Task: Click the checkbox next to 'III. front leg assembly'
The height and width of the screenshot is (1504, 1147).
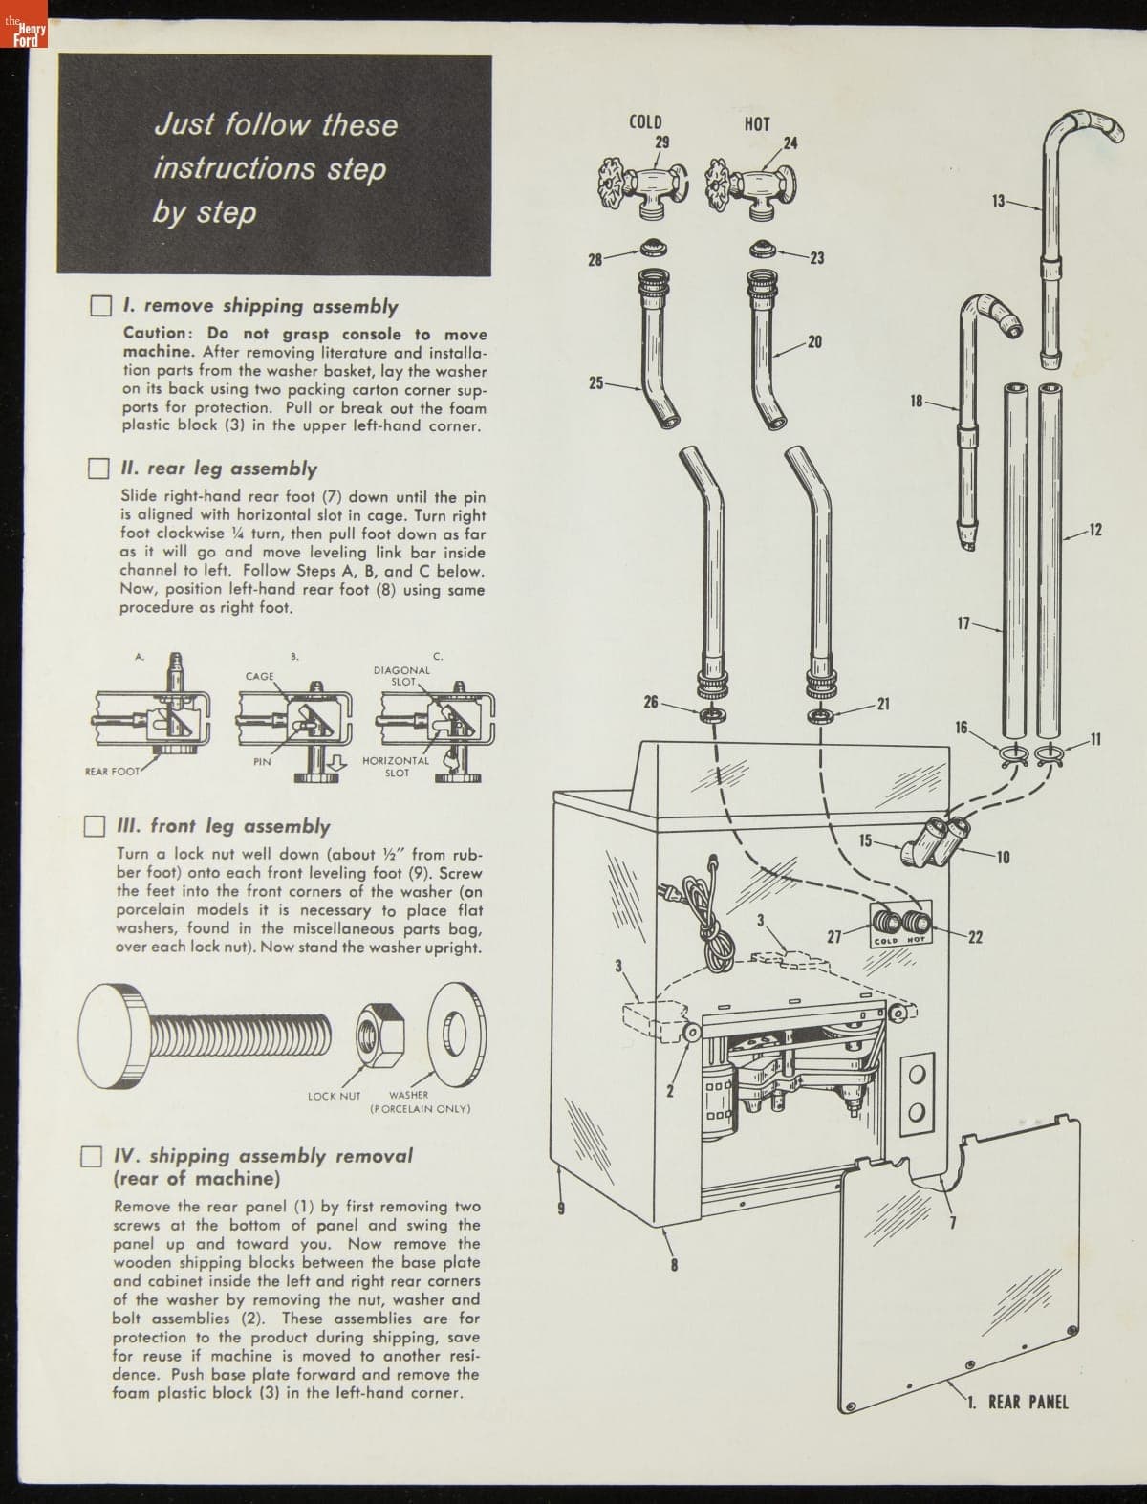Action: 94,826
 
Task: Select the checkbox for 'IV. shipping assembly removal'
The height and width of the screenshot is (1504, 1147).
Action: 91,1156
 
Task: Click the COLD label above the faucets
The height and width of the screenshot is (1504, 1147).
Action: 645,121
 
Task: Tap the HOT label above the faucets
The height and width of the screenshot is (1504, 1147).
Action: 757,123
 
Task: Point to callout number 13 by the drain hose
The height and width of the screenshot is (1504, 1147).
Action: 998,201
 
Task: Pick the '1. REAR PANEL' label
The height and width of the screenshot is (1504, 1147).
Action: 1017,1403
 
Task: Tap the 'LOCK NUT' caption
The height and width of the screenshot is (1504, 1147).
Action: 334,1096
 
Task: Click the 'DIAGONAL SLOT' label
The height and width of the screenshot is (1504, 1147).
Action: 401,676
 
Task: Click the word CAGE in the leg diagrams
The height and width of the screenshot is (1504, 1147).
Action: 260,676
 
